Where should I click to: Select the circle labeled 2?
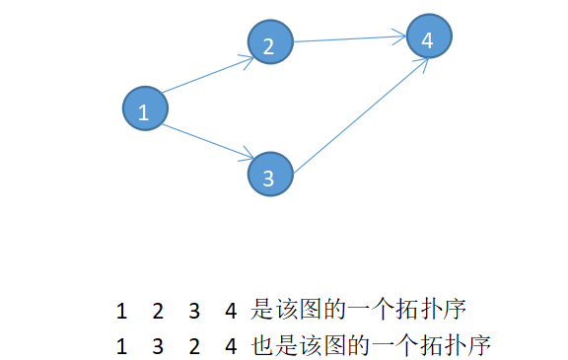(x=269, y=42)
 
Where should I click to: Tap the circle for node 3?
(x=269, y=175)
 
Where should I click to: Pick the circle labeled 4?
(x=428, y=37)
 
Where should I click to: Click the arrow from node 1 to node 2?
(x=207, y=76)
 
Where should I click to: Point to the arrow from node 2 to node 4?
(x=350, y=39)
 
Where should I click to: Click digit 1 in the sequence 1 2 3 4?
(x=121, y=312)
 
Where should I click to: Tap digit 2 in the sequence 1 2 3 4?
(x=158, y=312)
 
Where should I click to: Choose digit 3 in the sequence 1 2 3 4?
(x=193, y=312)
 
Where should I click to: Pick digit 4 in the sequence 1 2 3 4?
(x=230, y=312)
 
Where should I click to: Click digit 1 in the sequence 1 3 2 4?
(x=121, y=346)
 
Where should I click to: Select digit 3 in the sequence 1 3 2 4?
(x=158, y=346)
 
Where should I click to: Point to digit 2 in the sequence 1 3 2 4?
(x=193, y=346)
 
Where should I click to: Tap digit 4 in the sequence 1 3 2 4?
(x=230, y=346)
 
